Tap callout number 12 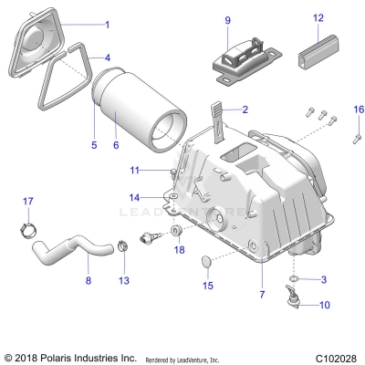(318, 17)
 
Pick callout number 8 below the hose (88, 281)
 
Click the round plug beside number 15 (209, 264)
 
